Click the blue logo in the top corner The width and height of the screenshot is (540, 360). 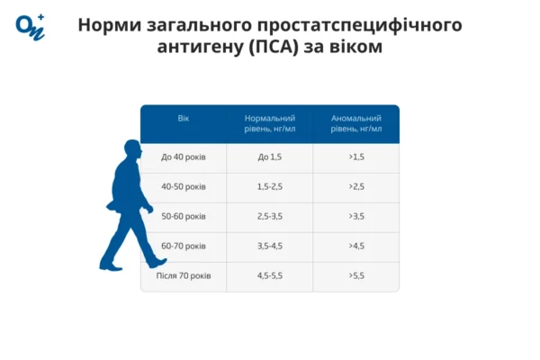click(x=29, y=27)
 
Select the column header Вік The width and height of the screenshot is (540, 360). click(x=184, y=119)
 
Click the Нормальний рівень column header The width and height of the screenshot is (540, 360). click(x=270, y=123)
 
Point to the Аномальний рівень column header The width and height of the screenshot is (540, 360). click(x=356, y=123)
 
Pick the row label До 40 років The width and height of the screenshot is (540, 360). click(x=184, y=157)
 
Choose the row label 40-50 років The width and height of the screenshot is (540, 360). click(x=184, y=187)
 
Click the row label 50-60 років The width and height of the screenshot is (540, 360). click(x=184, y=217)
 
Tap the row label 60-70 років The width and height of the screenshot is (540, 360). click(x=184, y=246)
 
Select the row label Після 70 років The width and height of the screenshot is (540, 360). click(x=184, y=275)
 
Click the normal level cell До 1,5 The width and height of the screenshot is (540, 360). click(x=270, y=157)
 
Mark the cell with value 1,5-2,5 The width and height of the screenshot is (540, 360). click(x=270, y=187)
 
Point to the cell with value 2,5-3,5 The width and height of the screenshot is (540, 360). click(x=270, y=217)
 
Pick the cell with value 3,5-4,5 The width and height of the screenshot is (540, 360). click(x=270, y=246)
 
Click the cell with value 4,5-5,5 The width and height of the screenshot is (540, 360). click(x=270, y=275)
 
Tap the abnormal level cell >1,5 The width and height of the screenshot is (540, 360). click(x=356, y=157)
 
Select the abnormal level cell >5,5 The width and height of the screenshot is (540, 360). click(x=356, y=275)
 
